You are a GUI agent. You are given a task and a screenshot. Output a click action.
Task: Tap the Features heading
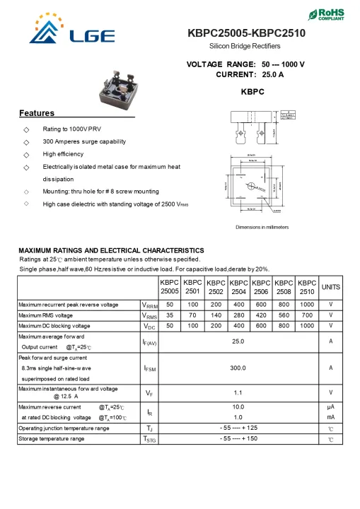point(36,113)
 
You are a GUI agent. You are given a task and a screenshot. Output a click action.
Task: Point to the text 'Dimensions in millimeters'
point(262,227)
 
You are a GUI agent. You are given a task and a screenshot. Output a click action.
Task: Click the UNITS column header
point(330,286)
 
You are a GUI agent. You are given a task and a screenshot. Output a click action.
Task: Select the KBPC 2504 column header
point(238,286)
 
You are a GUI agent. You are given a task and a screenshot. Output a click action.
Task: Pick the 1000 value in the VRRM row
point(307,304)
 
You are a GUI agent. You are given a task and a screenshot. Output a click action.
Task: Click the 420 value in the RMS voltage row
point(261,315)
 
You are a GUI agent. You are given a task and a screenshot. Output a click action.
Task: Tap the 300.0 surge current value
point(238,368)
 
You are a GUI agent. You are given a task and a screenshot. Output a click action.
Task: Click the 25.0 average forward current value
point(238,341)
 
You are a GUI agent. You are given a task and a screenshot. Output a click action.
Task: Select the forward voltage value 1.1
point(238,392)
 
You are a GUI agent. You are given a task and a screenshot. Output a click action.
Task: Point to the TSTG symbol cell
point(149,439)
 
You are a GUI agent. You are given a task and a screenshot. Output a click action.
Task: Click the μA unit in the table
point(330,407)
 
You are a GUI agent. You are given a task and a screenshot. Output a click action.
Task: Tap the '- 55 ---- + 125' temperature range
point(238,428)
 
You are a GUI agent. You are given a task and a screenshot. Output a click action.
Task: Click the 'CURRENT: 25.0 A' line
point(249,74)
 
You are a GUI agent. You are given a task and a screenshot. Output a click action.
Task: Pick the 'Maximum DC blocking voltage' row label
point(54,326)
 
